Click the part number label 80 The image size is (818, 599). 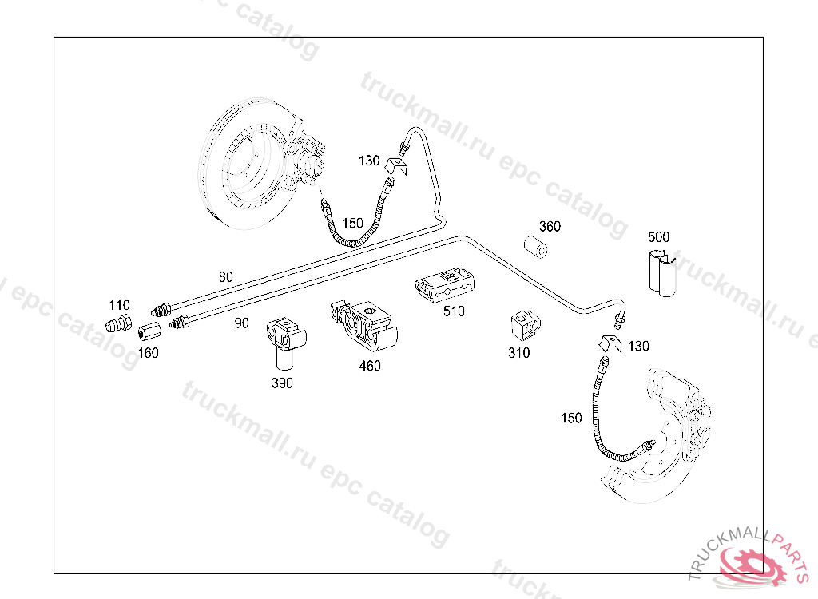226,277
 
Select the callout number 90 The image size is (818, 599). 241,323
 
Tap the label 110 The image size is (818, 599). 119,305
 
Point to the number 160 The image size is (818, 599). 148,353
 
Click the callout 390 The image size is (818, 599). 282,383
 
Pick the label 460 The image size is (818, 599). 370,366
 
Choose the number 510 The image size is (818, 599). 454,311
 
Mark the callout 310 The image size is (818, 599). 518,353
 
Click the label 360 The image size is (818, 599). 550,226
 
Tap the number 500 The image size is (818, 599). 659,237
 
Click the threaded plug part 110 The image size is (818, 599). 117,325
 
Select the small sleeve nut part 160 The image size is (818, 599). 149,331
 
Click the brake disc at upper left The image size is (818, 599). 240,164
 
